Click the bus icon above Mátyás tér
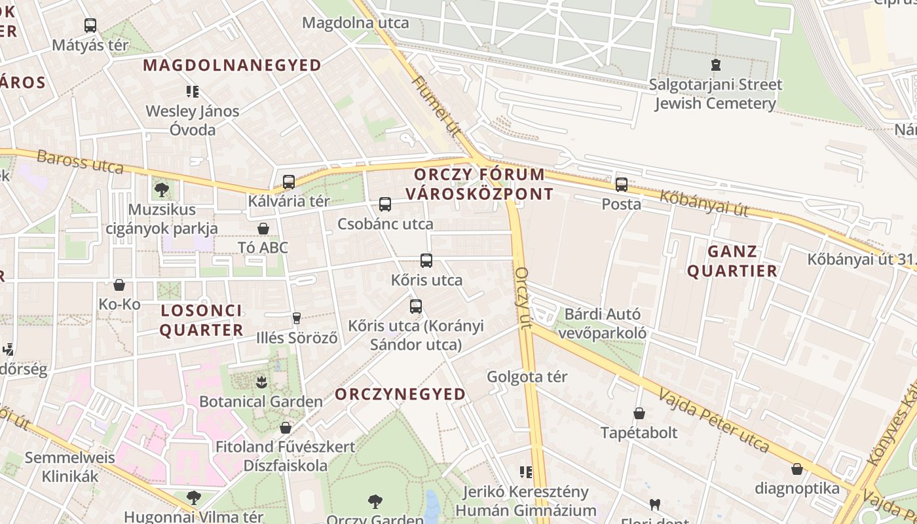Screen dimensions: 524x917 90,26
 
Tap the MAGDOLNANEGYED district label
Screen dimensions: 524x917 233,65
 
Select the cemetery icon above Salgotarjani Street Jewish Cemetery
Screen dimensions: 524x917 715,65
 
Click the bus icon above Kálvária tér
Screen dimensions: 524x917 289,182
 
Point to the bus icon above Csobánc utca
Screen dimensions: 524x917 385,204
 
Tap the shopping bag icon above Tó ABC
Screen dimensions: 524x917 263,229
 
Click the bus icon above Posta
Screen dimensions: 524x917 622,185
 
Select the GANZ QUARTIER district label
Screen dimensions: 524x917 732,261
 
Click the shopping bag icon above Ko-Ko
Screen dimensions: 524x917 119,285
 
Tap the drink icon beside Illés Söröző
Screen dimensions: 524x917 297,318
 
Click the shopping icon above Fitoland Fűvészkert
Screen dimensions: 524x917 286,428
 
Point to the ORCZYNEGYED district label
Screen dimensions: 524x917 400,394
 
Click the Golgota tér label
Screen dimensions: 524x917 527,377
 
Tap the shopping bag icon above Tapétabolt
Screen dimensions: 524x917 639,413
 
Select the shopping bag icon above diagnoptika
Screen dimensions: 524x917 797,469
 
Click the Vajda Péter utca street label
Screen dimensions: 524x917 714,421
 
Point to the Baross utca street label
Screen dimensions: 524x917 80,162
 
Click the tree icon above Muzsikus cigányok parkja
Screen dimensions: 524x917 162,190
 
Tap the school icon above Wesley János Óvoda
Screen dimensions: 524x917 193,92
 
